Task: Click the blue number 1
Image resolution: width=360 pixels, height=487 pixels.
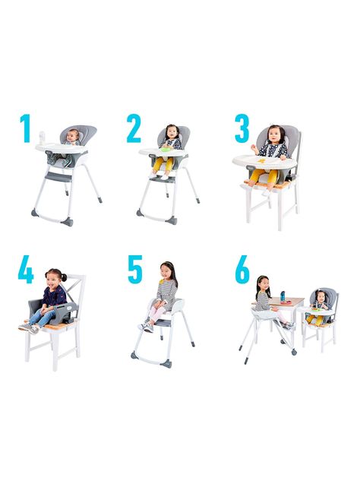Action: (x=26, y=128)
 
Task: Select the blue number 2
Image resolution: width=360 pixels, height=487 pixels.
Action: (x=134, y=128)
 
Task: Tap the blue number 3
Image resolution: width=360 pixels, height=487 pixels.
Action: (x=242, y=128)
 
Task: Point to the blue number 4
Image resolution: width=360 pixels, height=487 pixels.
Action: (x=26, y=269)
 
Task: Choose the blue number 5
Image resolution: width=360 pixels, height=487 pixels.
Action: (x=135, y=270)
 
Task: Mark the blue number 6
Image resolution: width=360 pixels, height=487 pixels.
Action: (x=242, y=270)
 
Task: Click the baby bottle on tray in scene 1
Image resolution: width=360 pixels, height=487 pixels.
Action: (x=43, y=138)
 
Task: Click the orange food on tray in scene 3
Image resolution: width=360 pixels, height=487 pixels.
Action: (x=263, y=160)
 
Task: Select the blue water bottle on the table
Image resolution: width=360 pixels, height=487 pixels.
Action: (x=283, y=296)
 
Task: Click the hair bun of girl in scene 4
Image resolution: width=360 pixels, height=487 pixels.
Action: (x=64, y=277)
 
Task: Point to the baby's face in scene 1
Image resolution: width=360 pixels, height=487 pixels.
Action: (x=74, y=136)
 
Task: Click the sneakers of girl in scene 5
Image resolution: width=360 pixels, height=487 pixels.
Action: (x=146, y=327)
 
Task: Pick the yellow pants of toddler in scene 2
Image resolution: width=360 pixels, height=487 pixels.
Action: (x=163, y=163)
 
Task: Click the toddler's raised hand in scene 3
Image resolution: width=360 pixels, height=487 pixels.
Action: (x=255, y=149)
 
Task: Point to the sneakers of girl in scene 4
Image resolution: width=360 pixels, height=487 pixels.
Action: (x=29, y=328)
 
